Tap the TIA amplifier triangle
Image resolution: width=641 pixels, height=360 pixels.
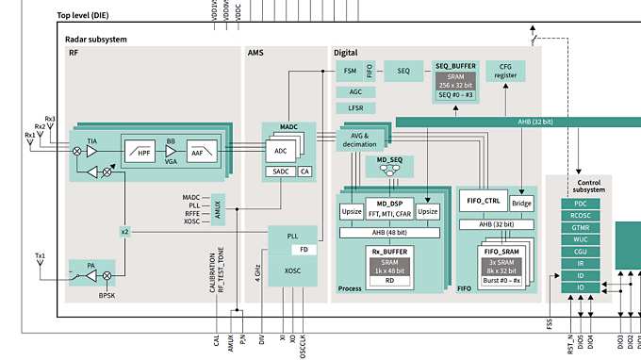pyautogui.click(x=92, y=151)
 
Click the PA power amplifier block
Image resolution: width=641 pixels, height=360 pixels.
pyautogui.click(x=92, y=266)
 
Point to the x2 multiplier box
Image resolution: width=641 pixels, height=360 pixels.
pyautogui.click(x=124, y=231)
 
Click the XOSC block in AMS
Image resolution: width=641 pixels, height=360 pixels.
pyautogui.click(x=294, y=270)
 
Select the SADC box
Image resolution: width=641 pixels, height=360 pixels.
pyautogui.click(x=280, y=171)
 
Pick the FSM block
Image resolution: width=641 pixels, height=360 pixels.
pyautogui.click(x=349, y=72)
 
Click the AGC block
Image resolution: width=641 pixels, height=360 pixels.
pyautogui.click(x=355, y=92)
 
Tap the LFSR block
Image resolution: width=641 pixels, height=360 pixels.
pyautogui.click(x=355, y=108)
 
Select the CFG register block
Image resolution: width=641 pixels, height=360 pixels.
pyautogui.click(x=505, y=72)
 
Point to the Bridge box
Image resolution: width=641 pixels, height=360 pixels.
pyautogui.click(x=521, y=203)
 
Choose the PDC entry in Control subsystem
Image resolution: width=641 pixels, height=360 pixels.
pyautogui.click(x=581, y=204)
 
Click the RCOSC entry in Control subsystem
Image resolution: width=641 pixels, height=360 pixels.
pyautogui.click(x=581, y=216)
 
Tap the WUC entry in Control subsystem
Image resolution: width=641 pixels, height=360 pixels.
pyautogui.click(x=581, y=239)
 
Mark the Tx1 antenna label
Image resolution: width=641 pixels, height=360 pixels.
pyautogui.click(x=41, y=256)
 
